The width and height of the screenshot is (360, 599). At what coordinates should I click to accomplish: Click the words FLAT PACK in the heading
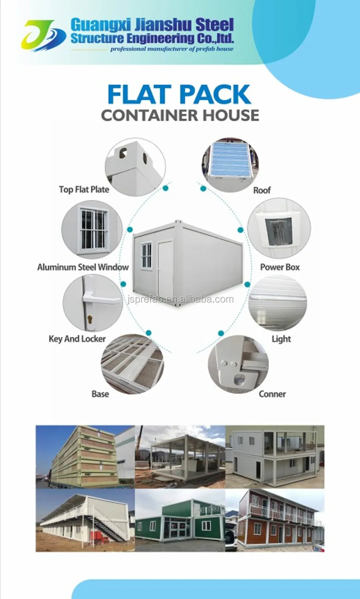(179, 95)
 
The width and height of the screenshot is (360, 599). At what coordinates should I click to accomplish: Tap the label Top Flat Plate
(84, 190)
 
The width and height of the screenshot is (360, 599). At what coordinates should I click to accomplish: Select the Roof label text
(262, 190)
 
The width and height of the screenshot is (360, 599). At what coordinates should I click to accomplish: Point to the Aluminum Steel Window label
(83, 267)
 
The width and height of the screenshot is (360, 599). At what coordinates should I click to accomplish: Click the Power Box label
(280, 267)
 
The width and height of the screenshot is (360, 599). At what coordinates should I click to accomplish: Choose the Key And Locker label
(77, 339)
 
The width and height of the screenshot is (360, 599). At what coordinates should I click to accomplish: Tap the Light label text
(281, 339)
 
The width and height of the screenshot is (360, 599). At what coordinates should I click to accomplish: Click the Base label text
(100, 394)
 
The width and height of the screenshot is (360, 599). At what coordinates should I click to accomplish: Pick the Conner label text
(272, 394)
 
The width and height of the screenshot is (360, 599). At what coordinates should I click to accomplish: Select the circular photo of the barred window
(92, 230)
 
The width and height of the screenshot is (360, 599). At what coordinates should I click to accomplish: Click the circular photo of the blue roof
(230, 164)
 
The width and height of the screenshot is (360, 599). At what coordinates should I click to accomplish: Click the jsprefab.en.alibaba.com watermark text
(180, 299)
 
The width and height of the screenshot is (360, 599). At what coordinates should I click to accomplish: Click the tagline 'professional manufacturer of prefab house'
(172, 49)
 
